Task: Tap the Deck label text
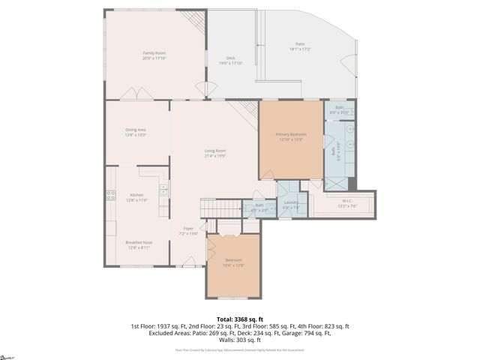point(231,58)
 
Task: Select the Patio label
point(300,44)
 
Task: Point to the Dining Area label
point(136,130)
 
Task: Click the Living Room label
point(215,151)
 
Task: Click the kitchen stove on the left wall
point(110,196)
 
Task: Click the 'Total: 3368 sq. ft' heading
point(240,319)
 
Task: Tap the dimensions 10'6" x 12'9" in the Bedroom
point(234,265)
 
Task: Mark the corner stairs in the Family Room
point(195,23)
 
